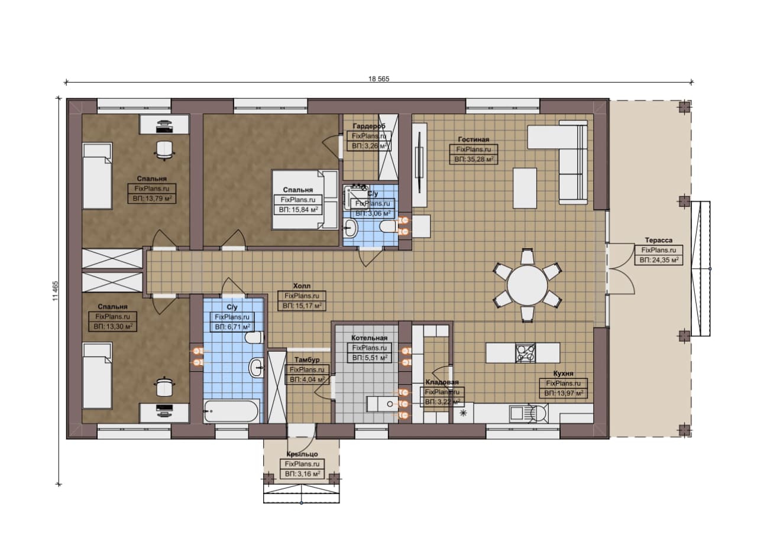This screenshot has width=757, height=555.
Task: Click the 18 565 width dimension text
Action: coord(379,79)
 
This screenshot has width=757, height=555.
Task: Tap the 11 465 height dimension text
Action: coord(56,291)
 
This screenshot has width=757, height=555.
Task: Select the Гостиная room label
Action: coord(474,139)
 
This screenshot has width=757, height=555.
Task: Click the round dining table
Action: coord(527,284)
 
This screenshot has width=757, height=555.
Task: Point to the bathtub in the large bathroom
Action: coord(231,411)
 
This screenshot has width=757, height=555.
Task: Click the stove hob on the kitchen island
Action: coord(525,353)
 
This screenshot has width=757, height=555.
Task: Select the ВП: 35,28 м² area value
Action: coord(474,159)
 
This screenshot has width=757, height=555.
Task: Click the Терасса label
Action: coord(658,240)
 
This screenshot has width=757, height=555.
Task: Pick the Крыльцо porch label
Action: coord(302,454)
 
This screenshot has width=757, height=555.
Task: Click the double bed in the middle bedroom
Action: coord(305,200)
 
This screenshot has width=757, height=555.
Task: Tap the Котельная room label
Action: coord(369,338)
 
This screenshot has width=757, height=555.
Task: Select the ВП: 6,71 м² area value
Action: coord(232,327)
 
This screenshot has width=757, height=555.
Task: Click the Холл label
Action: coord(302,286)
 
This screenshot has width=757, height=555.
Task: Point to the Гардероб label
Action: coord(368,126)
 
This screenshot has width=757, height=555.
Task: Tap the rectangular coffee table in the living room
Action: coord(525,188)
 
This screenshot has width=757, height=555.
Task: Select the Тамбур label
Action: coord(306,360)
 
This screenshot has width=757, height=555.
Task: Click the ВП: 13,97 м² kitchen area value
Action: coord(564,394)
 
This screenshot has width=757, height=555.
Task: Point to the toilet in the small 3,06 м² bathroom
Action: coord(389,226)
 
